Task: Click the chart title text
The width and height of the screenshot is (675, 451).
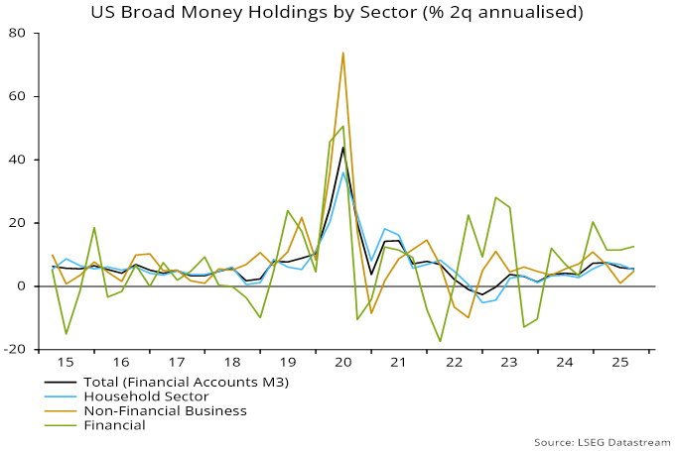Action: point(337,13)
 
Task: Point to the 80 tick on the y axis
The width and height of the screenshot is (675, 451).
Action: point(18,33)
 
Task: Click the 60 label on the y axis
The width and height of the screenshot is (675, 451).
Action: point(18,96)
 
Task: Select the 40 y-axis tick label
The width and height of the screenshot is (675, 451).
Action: point(18,160)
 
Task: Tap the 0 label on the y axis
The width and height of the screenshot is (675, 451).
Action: point(22,286)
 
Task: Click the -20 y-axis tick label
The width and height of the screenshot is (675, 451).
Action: point(15,350)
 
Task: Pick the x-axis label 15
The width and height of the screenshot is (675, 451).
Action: point(66,364)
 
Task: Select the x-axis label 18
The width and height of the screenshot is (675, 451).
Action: point(231,364)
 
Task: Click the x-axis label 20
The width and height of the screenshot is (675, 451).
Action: point(342,364)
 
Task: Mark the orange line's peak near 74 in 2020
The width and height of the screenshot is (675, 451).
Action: point(342,53)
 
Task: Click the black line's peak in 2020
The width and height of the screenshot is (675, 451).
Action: point(342,147)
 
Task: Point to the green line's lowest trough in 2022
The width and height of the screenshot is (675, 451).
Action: point(440,342)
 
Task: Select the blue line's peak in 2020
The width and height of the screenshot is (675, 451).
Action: point(342,172)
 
